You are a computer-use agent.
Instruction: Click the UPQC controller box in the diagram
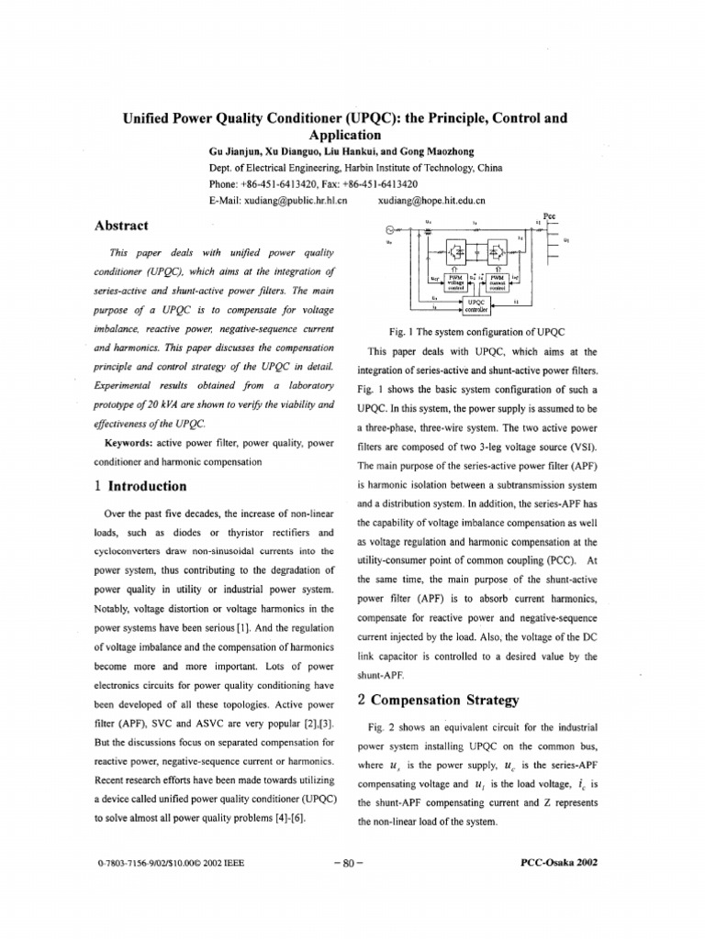476,304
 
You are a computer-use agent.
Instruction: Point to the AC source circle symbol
390,229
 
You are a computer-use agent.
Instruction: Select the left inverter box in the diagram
456,250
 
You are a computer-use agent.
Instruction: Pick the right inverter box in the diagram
500,250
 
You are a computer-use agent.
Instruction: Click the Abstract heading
123,225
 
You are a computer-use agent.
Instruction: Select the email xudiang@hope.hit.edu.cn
431,198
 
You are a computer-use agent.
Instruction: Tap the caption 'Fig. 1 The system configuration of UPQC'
476,330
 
